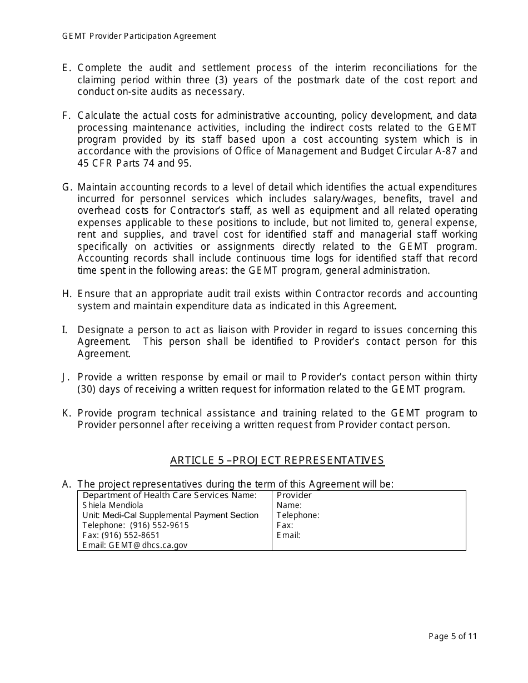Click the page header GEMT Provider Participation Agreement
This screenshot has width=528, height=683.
pos(139,36)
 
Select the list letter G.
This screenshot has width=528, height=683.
pos(66,187)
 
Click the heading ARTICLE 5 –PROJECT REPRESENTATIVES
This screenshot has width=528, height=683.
pos(277,460)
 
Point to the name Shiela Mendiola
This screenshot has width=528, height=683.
pos(113,505)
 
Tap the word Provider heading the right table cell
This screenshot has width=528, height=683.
pos(294,495)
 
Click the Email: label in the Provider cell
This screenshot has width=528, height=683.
pos(288,535)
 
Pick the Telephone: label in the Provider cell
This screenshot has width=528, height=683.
pos(298,515)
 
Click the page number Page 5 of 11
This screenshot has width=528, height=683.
pos(452,637)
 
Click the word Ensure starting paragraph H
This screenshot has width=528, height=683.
pos(92,294)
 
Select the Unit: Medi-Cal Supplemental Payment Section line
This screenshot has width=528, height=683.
pos(170,515)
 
